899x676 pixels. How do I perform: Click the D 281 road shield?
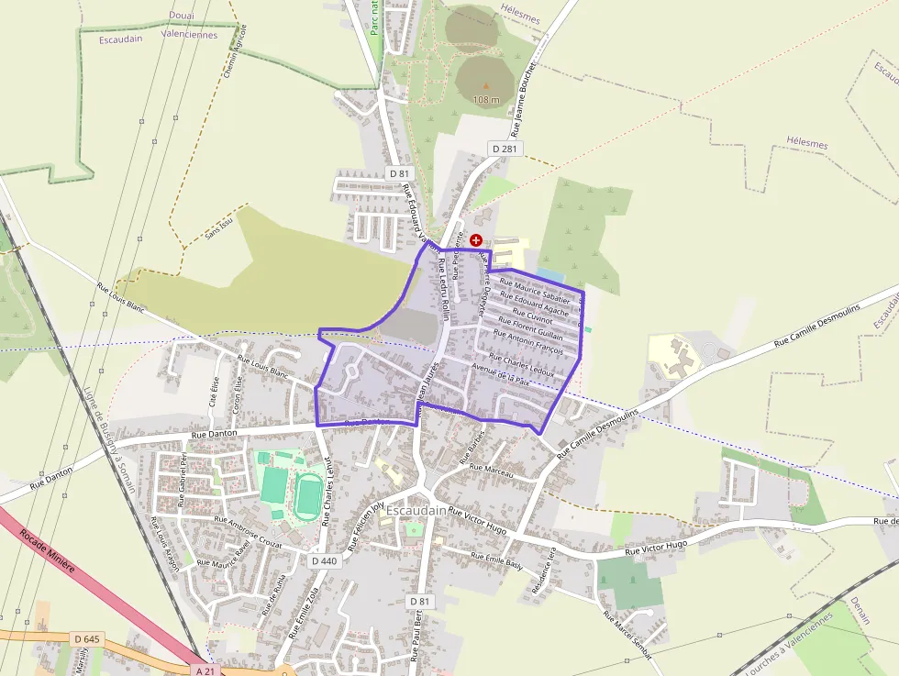505,149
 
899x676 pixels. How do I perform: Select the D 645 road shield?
85,638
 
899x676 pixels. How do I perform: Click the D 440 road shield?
324,560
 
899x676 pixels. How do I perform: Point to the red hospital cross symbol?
475,240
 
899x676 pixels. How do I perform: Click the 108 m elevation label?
486,99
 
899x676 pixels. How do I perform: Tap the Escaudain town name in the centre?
416,510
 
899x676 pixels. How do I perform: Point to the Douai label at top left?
182,16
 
